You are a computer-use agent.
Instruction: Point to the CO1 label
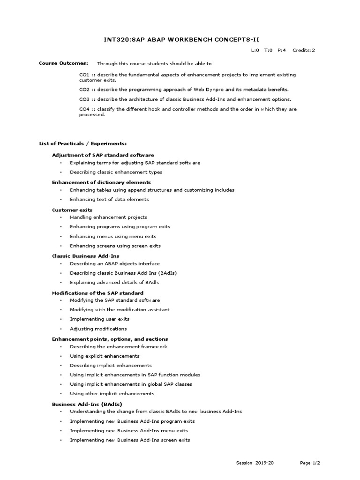84,75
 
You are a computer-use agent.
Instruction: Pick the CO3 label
84,99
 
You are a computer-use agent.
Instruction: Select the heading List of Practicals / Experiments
82,143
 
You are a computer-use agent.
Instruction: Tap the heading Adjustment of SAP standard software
103,155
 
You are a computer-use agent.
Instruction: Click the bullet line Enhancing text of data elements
109,199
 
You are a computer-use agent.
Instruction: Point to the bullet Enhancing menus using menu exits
113,236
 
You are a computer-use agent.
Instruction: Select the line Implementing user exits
99,319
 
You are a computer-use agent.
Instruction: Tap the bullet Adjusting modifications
98,329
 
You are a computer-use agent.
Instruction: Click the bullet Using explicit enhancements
105,356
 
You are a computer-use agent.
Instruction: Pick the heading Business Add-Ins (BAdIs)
87,404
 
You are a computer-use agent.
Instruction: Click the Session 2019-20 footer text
255,463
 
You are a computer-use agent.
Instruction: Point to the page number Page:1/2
310,463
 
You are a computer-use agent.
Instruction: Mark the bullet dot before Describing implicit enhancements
61,366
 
